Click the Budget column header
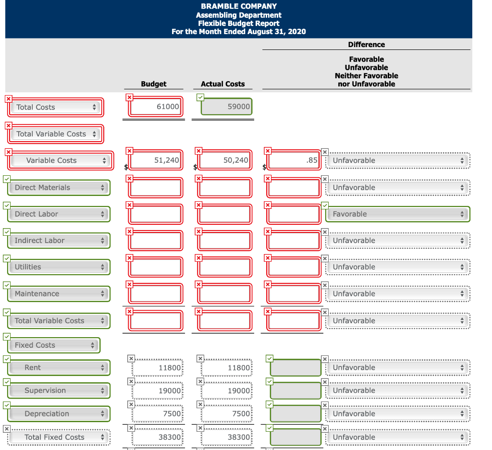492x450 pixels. (x=154, y=84)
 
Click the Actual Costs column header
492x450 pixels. (x=222, y=84)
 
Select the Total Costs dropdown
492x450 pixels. (x=56, y=107)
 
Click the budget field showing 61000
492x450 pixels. (x=156, y=107)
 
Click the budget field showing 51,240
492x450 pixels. (x=156, y=160)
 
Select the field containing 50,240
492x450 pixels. (x=225, y=160)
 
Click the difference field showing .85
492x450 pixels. (x=294, y=160)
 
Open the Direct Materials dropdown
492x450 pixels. (x=59, y=187)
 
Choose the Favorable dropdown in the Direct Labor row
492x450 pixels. (x=397, y=214)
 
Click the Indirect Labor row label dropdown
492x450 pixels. (x=59, y=241)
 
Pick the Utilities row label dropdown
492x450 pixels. (x=59, y=267)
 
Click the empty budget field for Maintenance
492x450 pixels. (x=156, y=294)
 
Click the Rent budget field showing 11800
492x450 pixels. (x=158, y=368)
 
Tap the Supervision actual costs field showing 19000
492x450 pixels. (x=226, y=391)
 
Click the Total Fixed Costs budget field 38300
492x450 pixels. (x=158, y=438)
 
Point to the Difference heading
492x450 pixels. (x=366, y=45)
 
